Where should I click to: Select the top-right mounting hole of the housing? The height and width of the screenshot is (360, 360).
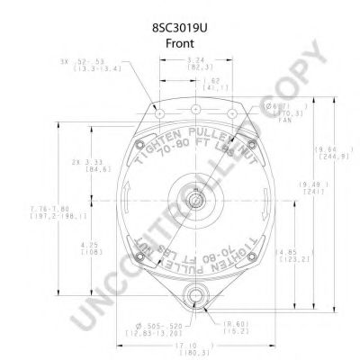pos(232,115)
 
